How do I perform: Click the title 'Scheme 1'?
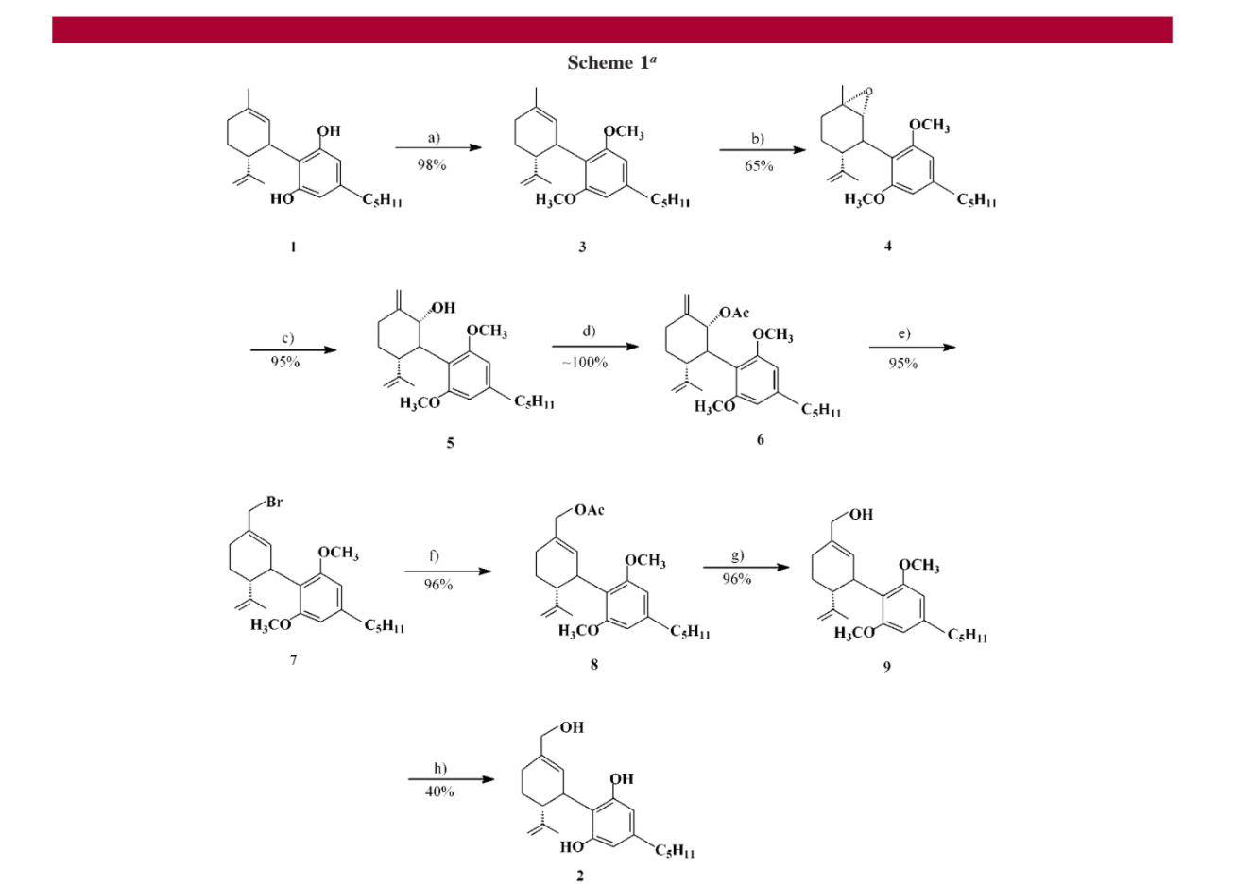pos(611,63)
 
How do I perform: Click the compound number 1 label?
pos(293,247)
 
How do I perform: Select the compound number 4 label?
pos(887,246)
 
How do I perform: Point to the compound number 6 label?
pos(760,439)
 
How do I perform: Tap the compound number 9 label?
pos(886,667)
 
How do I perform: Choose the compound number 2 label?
pos(580,876)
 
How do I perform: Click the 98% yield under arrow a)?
pos(432,164)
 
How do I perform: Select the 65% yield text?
pos(758,166)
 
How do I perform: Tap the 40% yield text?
pos(439,792)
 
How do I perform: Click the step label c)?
pos(287,337)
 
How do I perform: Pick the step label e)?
pos(903,333)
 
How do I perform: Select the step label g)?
pos(737,555)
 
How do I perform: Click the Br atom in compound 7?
pos(274,503)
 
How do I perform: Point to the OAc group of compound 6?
pos(734,313)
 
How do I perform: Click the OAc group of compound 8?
pos(588,510)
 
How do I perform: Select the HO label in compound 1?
pos(282,198)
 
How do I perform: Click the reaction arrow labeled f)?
pos(447,571)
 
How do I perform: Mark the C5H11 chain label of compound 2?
pos(675,852)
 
